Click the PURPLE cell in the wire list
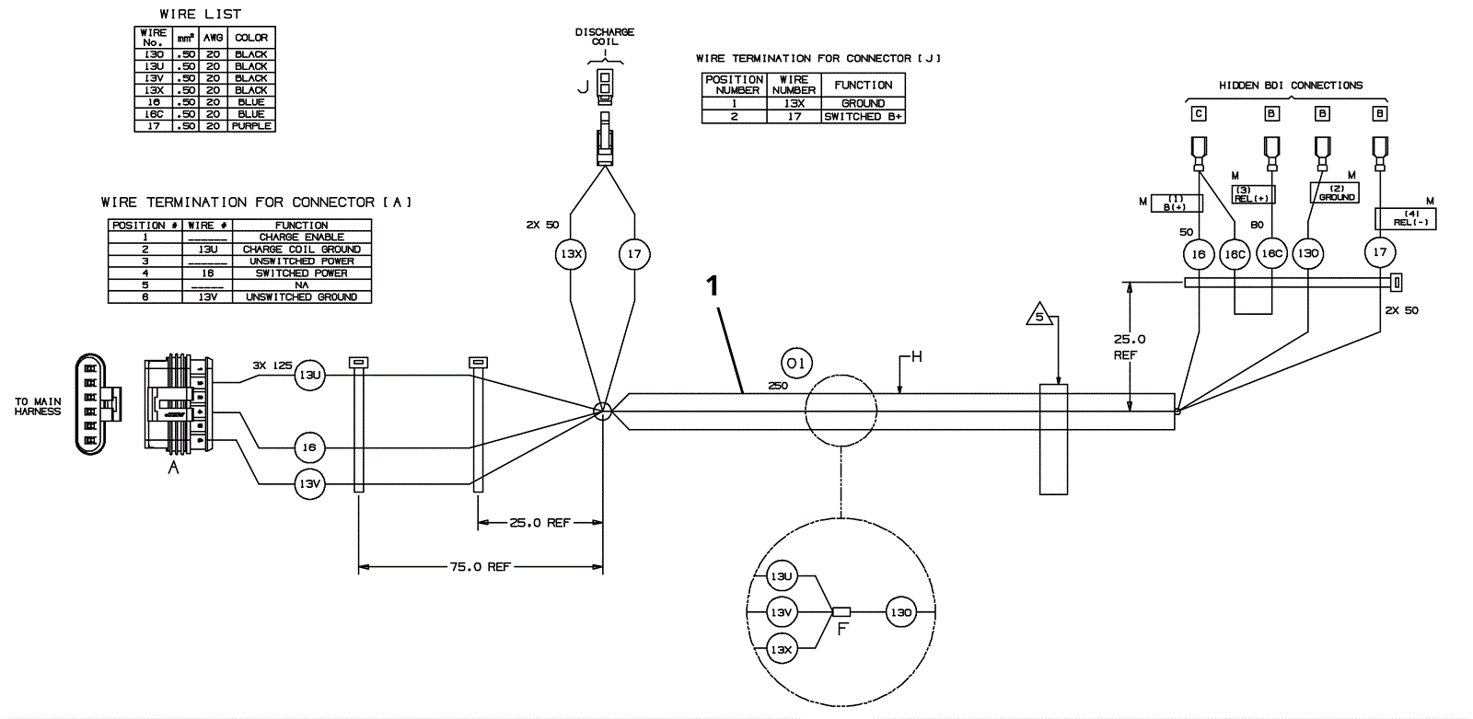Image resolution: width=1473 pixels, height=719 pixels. (251, 126)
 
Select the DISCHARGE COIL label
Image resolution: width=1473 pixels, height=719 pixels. (605, 38)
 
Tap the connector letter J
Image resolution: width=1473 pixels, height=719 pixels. (582, 87)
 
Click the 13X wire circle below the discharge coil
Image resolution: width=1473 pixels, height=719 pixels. (571, 253)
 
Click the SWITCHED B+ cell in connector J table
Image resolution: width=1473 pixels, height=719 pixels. (864, 117)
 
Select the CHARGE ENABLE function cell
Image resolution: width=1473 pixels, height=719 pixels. (301, 238)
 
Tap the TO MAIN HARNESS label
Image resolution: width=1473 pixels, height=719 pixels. (38, 407)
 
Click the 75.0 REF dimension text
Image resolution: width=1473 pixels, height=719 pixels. (480, 567)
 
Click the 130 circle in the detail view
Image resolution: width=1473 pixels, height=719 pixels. (901, 612)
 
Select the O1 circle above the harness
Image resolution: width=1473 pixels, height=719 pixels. (797, 364)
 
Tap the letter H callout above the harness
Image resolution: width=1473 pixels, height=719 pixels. (916, 357)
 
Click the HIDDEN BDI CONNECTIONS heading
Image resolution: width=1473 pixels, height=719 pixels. (1291, 86)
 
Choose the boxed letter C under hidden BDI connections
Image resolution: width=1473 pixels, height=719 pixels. (1199, 114)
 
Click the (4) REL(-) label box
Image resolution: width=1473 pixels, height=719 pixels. (1405, 218)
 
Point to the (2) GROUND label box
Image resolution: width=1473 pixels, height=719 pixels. (1337, 192)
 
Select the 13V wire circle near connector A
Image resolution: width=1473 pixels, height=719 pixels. (309, 483)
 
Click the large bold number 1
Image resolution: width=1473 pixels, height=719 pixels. (712, 287)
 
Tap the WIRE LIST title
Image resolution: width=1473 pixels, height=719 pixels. (200, 15)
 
